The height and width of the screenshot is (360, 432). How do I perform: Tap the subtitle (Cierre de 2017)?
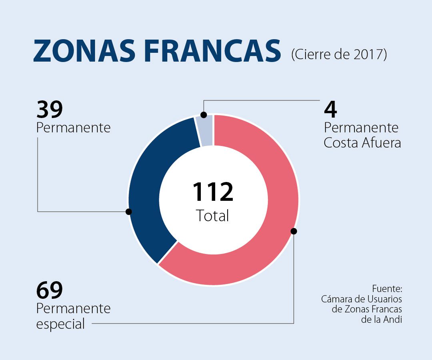point(339,54)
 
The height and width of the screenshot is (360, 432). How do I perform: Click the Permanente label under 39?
point(73,128)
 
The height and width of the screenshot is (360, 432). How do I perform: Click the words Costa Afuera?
point(362,143)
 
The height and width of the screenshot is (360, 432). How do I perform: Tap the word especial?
point(60,324)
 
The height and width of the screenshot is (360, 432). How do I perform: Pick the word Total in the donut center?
point(213,216)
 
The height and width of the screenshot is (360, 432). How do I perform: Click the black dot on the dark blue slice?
point(128,212)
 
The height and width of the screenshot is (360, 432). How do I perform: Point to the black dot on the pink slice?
point(294,231)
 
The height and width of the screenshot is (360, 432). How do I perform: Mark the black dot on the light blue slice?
point(203,115)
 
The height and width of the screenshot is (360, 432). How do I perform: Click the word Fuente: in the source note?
point(387,289)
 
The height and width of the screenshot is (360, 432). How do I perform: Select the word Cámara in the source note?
point(335,299)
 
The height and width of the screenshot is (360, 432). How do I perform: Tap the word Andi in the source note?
point(393,320)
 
